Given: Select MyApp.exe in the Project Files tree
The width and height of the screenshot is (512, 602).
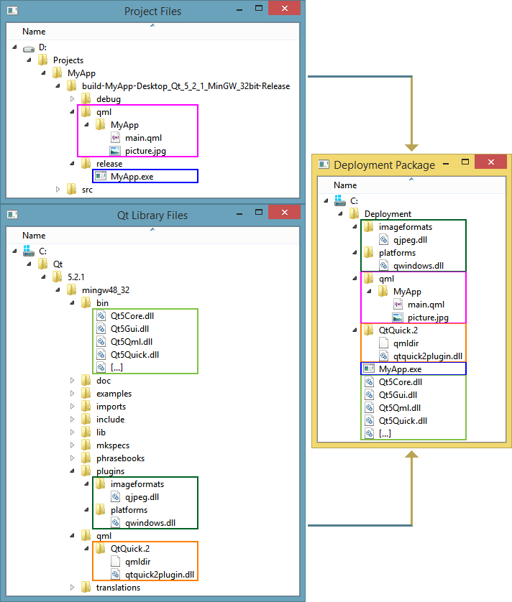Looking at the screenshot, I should click(x=132, y=176).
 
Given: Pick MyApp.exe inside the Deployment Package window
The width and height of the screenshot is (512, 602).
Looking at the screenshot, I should click(x=400, y=369).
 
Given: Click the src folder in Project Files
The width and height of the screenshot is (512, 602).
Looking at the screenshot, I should click(x=87, y=190).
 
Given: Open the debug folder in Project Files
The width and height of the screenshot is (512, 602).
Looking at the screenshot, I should click(x=108, y=99).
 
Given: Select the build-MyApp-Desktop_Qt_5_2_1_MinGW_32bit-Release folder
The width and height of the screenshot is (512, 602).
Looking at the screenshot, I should click(x=186, y=86).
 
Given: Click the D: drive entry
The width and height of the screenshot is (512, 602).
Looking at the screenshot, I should click(x=42, y=47).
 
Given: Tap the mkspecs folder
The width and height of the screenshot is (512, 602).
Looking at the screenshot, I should click(x=114, y=445).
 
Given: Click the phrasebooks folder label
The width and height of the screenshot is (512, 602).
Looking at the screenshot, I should click(x=120, y=458).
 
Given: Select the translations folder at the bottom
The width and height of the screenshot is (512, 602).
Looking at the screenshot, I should click(x=118, y=588).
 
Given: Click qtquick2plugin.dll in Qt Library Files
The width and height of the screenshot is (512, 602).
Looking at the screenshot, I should click(x=160, y=575).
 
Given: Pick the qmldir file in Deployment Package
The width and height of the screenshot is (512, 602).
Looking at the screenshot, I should click(x=406, y=343).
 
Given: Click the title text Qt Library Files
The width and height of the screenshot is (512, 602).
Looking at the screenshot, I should click(x=152, y=216).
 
